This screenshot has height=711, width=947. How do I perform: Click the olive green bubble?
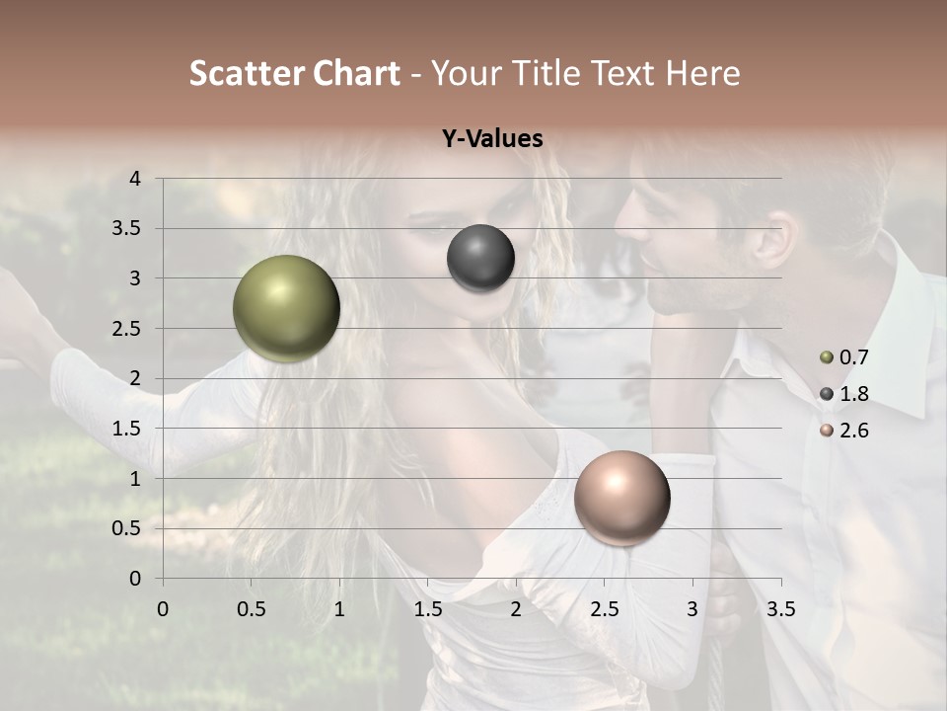pyautogui.click(x=286, y=308)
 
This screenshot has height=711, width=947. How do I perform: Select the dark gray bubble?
pyautogui.click(x=480, y=258)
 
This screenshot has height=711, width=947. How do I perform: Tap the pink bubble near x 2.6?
pyautogui.click(x=621, y=498)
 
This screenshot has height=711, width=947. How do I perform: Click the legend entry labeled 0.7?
pyautogui.click(x=853, y=357)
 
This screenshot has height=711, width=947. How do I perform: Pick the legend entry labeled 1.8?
pyautogui.click(x=853, y=394)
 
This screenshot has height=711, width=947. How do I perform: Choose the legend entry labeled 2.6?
pyautogui.click(x=853, y=431)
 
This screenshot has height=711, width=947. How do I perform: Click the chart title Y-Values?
pyautogui.click(x=492, y=139)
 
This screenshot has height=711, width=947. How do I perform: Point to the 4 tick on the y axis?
pyautogui.click(x=135, y=179)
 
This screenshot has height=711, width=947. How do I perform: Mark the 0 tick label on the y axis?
pyautogui.click(x=135, y=579)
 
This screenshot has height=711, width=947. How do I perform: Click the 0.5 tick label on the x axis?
pyautogui.click(x=251, y=608)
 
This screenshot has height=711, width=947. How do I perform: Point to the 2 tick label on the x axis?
pyautogui.click(x=516, y=608)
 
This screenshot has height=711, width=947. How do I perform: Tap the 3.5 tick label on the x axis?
pyautogui.click(x=781, y=608)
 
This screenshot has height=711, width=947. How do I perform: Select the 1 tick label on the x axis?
pyautogui.click(x=339, y=608)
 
